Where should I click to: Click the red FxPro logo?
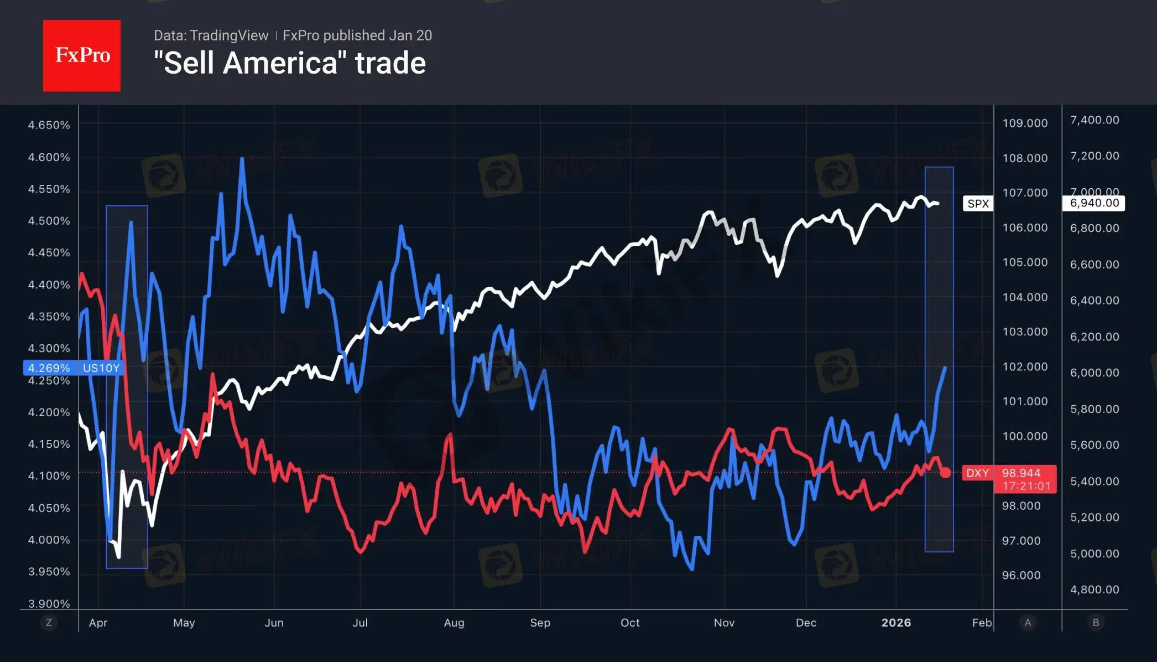click(x=82, y=55)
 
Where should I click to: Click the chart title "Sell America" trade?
click(x=289, y=63)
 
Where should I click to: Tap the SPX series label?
click(x=978, y=204)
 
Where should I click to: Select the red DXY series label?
click(x=977, y=473)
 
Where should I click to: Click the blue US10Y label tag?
click(x=101, y=368)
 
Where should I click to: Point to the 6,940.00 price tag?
click(x=1094, y=203)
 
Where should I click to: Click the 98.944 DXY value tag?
click(x=1021, y=473)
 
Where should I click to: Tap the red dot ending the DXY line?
click(x=945, y=473)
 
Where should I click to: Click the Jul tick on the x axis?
click(x=360, y=623)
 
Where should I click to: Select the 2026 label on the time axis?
click(x=896, y=623)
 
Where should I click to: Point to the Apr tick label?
click(x=98, y=623)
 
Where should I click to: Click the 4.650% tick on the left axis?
click(x=49, y=125)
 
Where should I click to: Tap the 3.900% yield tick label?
click(x=49, y=604)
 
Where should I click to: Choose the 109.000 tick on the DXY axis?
click(x=1025, y=123)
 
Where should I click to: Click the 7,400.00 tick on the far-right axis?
click(x=1095, y=120)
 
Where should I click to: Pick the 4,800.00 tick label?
click(x=1095, y=590)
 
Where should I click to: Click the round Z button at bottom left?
click(x=49, y=623)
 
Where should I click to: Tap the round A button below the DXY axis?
click(x=1028, y=623)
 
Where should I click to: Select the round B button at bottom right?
click(x=1096, y=623)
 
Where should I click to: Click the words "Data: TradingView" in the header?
click(x=211, y=35)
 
